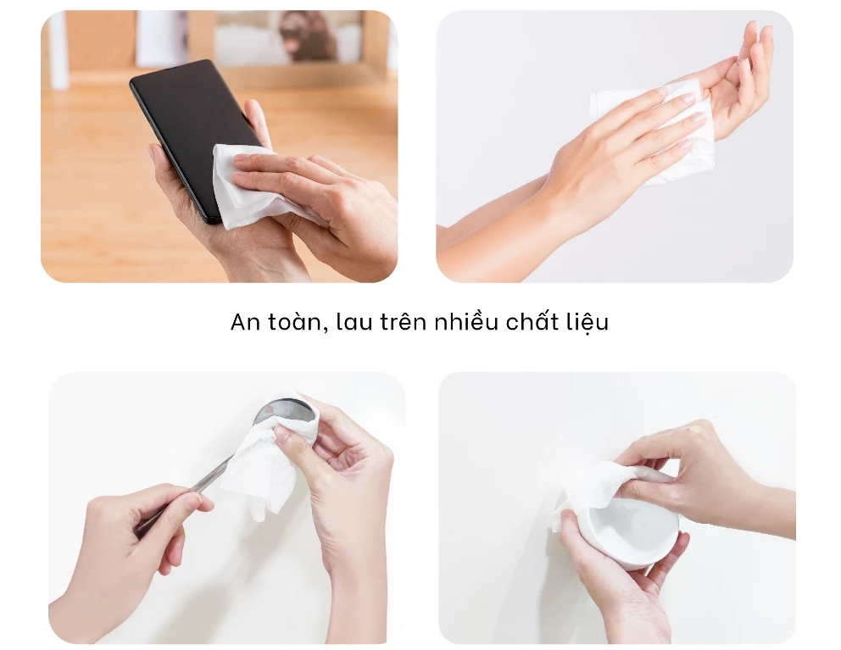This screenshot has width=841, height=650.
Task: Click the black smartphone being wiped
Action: pos(182,119)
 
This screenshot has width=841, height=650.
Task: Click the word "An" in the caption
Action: pos(243,323)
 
